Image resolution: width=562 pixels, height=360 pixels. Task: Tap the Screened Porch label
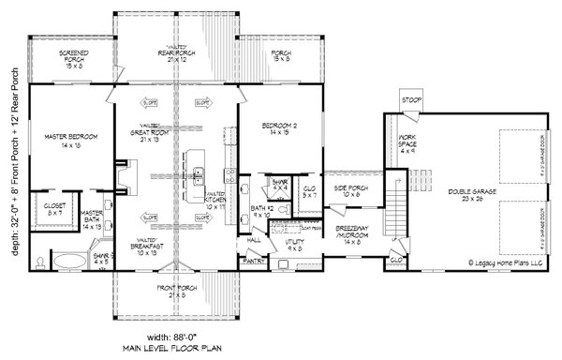[x=73, y=58]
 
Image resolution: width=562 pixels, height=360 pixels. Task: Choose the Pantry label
[x=250, y=262]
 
